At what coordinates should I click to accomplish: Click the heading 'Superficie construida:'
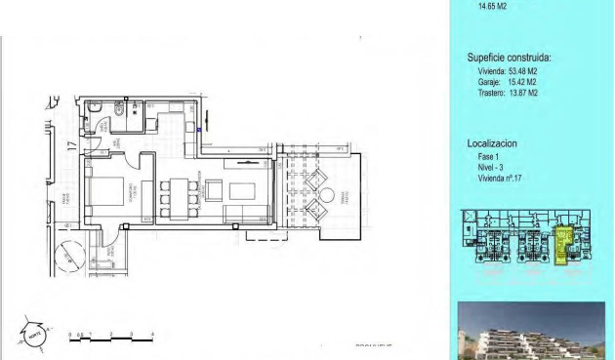click(509, 58)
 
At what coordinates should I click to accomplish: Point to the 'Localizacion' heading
click(492, 142)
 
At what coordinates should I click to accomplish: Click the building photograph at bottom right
click(531, 331)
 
